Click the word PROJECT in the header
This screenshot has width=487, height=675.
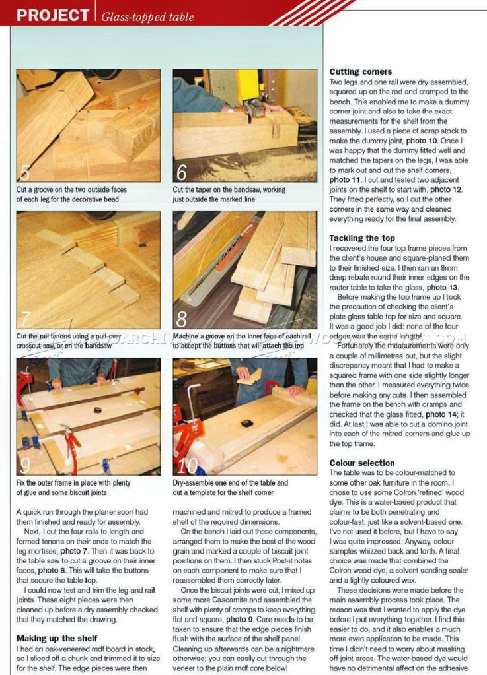click(52, 15)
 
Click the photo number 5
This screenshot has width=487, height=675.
click(24, 172)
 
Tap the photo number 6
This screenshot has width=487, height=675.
click(181, 173)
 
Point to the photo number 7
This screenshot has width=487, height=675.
click(24, 319)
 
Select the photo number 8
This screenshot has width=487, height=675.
click(181, 319)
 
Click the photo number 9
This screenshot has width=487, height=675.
click(24, 465)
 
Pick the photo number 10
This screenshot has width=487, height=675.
click(187, 465)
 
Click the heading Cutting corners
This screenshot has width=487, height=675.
click(360, 71)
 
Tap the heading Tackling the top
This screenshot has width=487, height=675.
click(362, 238)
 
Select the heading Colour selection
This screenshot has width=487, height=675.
click(362, 463)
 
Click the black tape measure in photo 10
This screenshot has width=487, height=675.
click(246, 423)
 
